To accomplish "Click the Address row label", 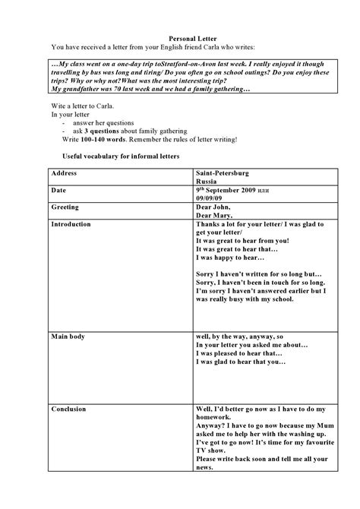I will coord(65,173).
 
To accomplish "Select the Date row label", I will coord(58,190).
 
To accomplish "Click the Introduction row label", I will coord(71,224).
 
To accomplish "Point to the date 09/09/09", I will coord(210,198).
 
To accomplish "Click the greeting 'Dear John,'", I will coord(213,207).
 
